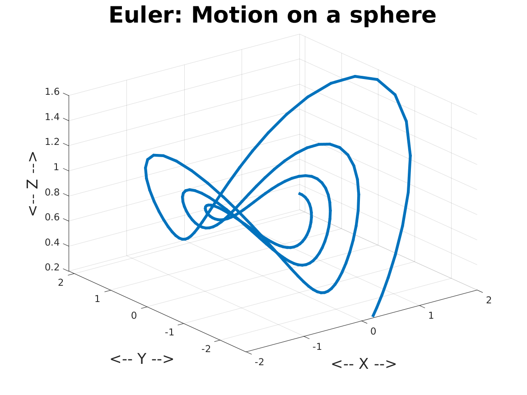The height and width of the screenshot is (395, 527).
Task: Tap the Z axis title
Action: point(32,184)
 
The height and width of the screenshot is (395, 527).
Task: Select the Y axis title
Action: point(142,359)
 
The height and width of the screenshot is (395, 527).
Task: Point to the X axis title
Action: point(364,364)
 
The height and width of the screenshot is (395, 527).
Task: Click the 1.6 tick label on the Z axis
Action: point(52,92)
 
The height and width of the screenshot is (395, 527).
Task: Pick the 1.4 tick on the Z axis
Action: point(52,117)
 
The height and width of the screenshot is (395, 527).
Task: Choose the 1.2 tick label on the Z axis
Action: point(52,142)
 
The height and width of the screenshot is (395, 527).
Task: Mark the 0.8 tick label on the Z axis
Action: point(52,192)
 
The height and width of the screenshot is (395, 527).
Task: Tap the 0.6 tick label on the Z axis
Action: point(52,217)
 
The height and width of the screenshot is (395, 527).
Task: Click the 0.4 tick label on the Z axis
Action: point(52,242)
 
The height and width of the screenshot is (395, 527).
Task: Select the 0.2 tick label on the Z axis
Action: point(52,267)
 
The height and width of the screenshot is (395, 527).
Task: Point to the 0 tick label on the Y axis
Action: point(134,316)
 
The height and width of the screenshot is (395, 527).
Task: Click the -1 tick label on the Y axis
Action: point(169,332)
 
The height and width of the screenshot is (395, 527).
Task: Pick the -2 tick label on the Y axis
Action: point(206,349)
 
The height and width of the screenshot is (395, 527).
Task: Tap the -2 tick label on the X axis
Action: point(259,362)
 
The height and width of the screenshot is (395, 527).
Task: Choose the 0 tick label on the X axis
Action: point(373,331)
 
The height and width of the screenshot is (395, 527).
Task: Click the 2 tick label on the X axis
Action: point(489,300)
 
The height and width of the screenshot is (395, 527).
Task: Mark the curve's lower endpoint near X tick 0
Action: point(373,316)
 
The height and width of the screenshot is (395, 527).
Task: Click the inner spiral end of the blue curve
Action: point(299,194)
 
